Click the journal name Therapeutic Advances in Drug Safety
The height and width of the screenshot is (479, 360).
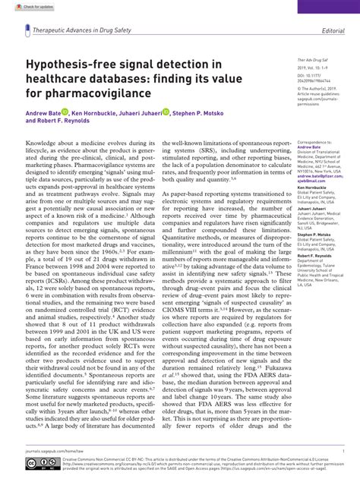tap(80, 31)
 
